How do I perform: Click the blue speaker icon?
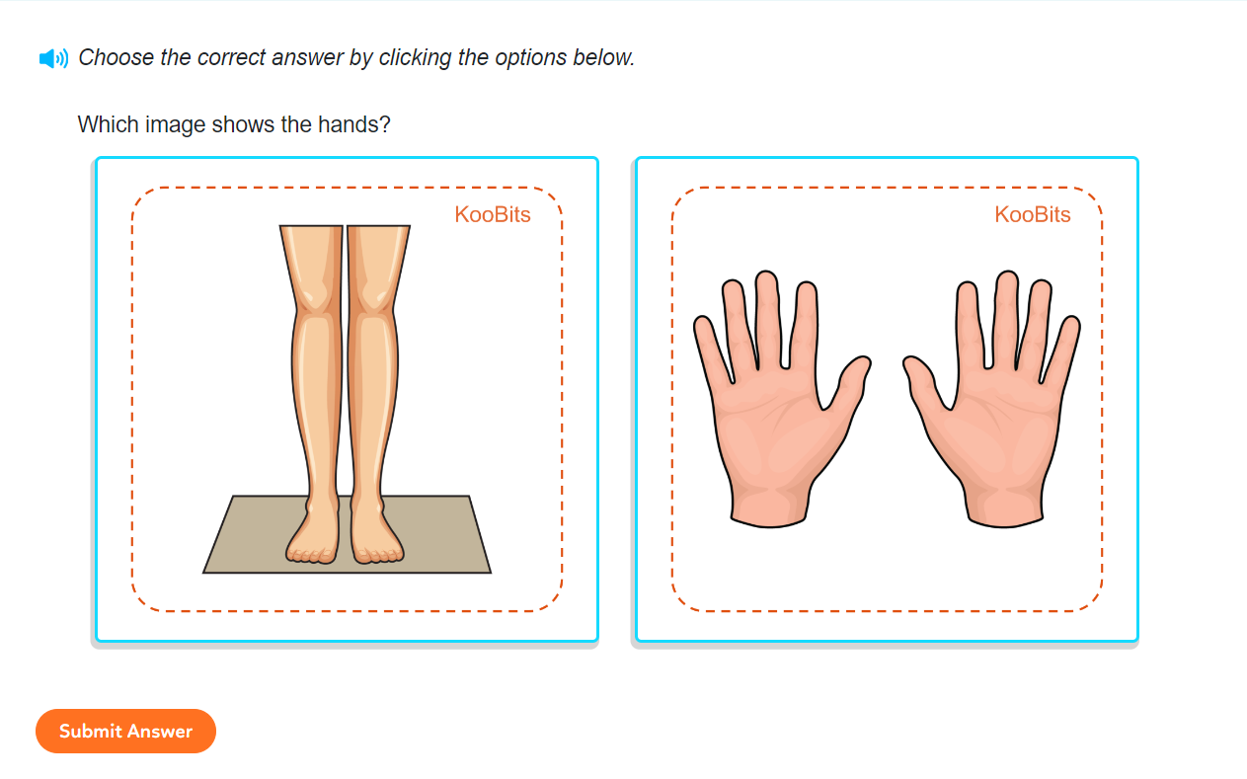[53, 58]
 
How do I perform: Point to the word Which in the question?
[106, 125]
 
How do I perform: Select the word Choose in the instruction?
[116, 58]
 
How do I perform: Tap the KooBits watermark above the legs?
[492, 214]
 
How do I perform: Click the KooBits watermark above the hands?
[1032, 214]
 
